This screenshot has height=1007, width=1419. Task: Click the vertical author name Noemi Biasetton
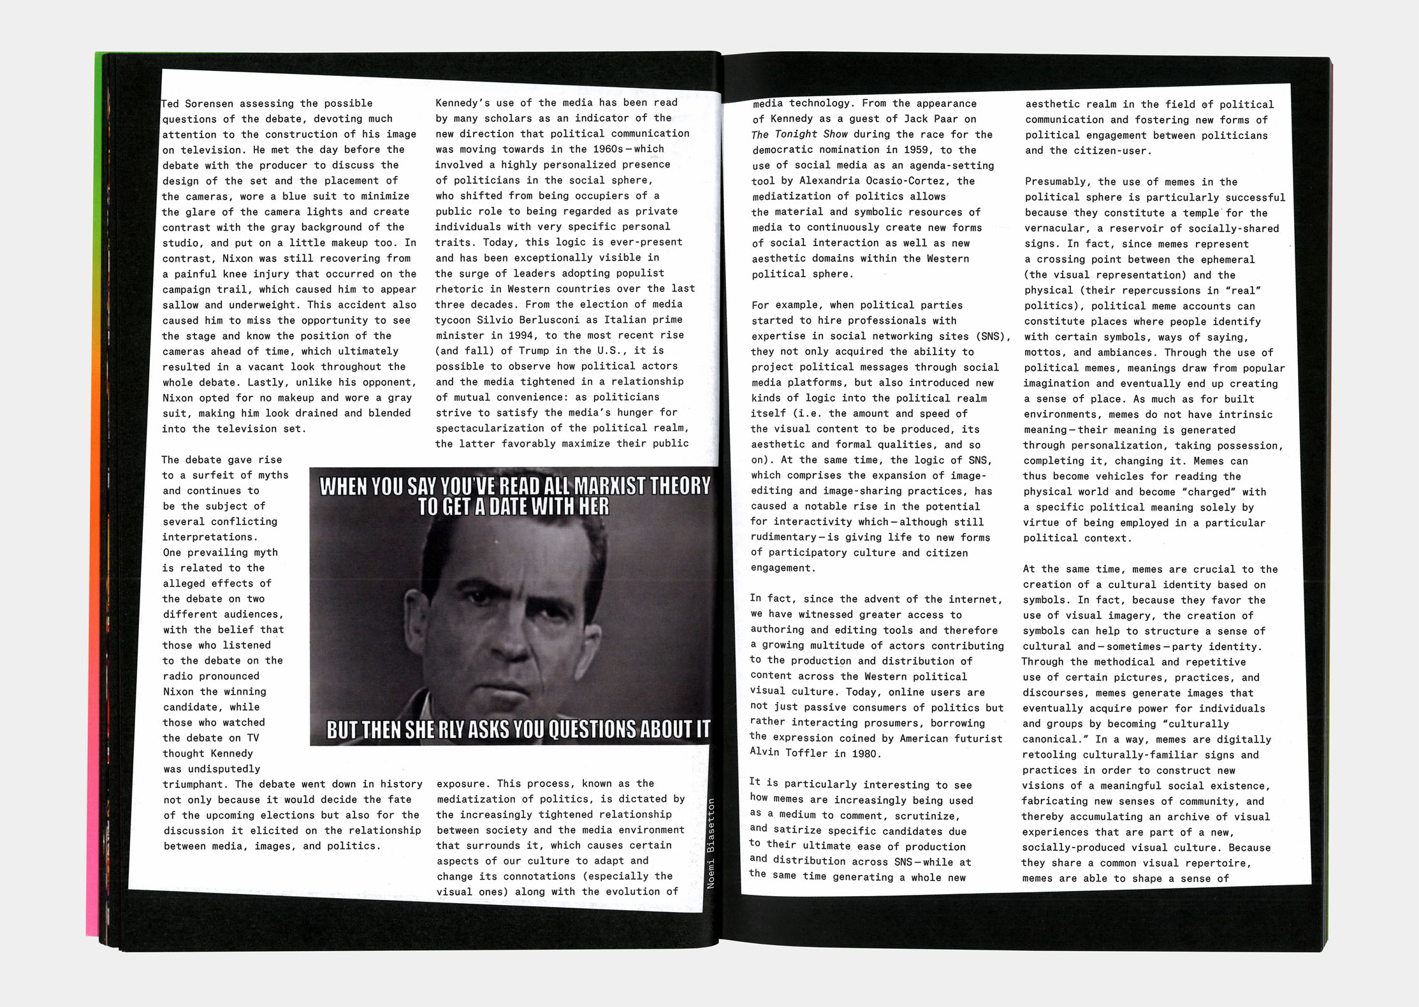coord(711,843)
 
